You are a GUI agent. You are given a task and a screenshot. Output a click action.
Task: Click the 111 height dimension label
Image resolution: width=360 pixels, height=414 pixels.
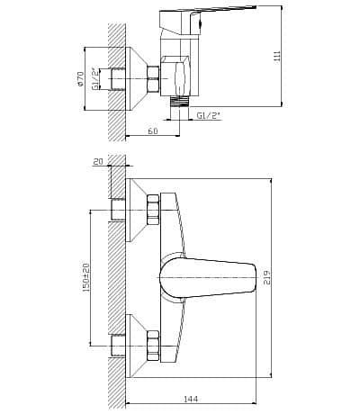tap(277, 56)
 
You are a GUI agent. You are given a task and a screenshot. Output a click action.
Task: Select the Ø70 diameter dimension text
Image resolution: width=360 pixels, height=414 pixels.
tap(80, 79)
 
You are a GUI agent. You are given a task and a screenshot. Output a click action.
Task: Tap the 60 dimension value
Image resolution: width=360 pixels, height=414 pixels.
tap(153, 131)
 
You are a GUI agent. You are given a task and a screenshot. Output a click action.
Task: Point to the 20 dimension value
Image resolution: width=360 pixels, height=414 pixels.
tap(98, 162)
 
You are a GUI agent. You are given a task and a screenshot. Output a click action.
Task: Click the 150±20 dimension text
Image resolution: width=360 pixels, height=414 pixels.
tap(86, 277)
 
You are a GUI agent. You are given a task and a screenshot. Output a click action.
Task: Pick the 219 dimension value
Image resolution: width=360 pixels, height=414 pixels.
tap(267, 277)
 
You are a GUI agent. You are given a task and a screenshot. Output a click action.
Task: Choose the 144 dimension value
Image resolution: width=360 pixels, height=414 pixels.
tap(191, 399)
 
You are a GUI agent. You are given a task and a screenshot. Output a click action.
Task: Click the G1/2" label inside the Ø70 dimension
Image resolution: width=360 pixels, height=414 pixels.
tap(95, 79)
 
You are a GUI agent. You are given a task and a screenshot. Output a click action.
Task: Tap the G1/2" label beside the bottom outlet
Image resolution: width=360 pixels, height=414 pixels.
tap(208, 115)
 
